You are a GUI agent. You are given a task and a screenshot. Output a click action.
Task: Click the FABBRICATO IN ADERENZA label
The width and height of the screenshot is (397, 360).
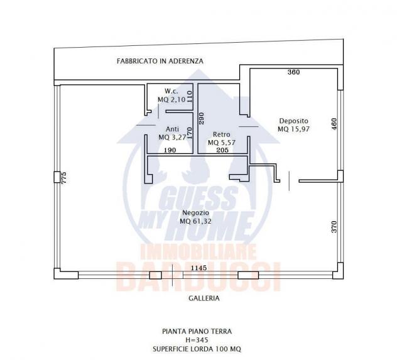click(x=160, y=61)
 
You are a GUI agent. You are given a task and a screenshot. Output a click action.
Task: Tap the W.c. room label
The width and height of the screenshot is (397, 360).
click(x=171, y=91)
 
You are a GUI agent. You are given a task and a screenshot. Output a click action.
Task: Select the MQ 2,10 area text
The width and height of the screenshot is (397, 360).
click(x=171, y=100)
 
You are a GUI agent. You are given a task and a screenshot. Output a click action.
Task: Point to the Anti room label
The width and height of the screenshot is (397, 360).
click(x=172, y=129)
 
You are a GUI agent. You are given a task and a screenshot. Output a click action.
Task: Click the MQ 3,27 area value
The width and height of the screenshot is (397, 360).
click(x=172, y=138)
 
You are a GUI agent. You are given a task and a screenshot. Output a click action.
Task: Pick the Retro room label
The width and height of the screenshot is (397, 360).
click(x=222, y=134)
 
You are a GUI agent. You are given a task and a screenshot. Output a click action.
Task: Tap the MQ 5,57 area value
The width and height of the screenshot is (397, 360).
click(x=222, y=143)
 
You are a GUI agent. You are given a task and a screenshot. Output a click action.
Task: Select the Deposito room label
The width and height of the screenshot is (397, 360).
click(x=294, y=121)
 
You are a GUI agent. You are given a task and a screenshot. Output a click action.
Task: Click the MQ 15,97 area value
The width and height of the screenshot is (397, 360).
click(x=294, y=129)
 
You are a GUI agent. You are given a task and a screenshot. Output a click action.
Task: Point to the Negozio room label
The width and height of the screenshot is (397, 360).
click(x=196, y=212)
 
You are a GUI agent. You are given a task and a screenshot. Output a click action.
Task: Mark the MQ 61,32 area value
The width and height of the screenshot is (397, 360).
click(x=196, y=221)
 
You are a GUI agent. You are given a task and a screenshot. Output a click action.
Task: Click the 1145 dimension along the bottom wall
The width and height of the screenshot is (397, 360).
click(x=198, y=268)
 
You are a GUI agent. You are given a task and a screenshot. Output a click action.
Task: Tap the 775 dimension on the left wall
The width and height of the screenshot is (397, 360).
click(x=64, y=177)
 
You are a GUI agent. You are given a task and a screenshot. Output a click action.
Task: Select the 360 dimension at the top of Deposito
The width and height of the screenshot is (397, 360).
click(x=294, y=72)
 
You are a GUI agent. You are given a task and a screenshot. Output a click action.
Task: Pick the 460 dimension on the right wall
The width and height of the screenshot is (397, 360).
click(x=334, y=124)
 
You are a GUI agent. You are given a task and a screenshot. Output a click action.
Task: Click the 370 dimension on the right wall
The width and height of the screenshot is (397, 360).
click(x=334, y=227)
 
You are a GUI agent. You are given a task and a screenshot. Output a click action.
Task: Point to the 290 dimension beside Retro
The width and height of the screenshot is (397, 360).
click(x=202, y=118)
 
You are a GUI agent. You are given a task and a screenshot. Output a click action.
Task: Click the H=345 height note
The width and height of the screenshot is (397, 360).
click(x=197, y=340)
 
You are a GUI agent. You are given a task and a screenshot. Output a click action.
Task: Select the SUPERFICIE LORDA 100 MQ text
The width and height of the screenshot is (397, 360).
click(x=197, y=349)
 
